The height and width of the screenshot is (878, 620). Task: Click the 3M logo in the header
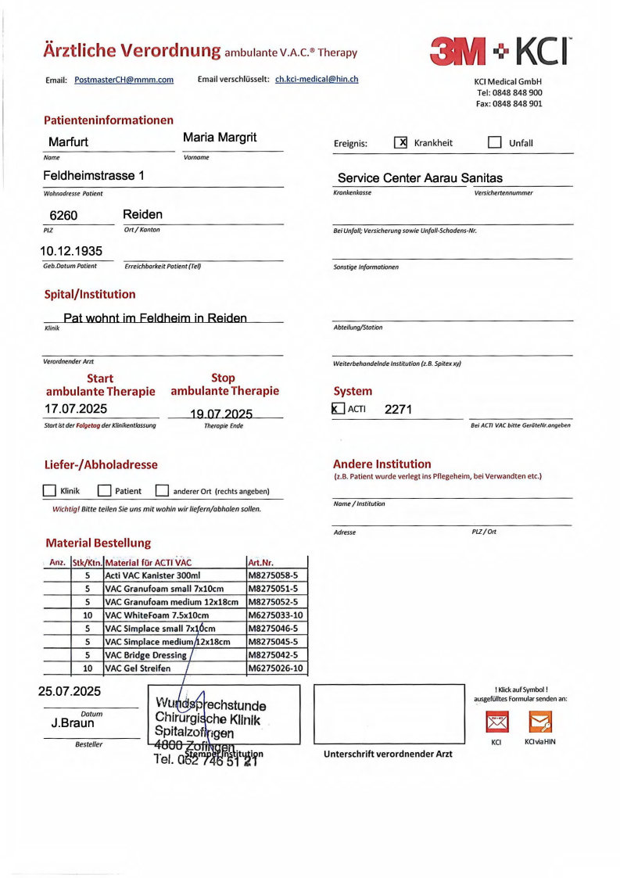point(458,52)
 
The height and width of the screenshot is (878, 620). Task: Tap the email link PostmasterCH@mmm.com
point(124,80)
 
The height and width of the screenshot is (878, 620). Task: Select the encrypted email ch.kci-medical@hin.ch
point(317,80)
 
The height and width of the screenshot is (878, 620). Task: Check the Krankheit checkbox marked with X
point(401,142)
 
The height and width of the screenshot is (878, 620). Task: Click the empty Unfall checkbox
point(494,142)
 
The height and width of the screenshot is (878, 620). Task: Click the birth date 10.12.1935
point(71,251)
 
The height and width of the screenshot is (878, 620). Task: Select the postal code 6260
point(63,215)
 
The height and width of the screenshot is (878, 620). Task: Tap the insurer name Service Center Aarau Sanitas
point(420,178)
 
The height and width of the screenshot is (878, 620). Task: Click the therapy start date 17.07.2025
point(76,408)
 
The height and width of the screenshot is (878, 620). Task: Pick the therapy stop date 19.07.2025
point(221,413)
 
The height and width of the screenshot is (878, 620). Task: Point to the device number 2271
point(398,409)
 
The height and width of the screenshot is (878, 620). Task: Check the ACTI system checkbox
point(338,409)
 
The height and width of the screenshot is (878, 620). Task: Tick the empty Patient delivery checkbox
point(104,491)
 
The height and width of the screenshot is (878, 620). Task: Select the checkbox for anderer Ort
point(162,491)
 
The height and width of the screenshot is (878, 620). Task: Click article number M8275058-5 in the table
point(272,575)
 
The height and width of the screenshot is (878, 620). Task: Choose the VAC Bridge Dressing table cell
point(146,655)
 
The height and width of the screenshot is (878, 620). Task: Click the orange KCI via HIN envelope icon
point(540,721)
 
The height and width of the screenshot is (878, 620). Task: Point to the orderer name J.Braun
point(73,723)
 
